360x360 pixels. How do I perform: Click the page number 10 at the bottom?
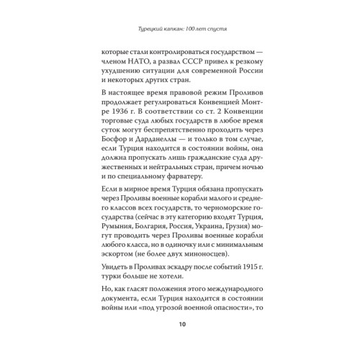click(x=180, y=323)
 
